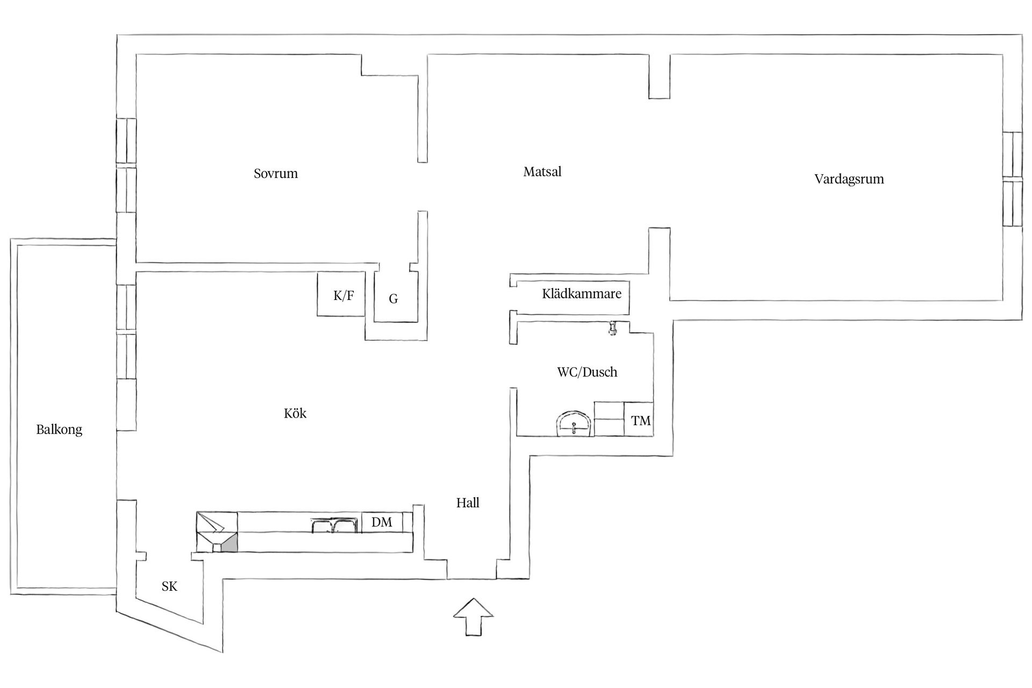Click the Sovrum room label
tap(276, 174)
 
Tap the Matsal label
tap(542, 172)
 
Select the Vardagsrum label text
tap(849, 179)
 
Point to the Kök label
tap(295, 413)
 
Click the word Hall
tap(468, 503)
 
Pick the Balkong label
tap(59, 429)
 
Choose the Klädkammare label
tap(582, 294)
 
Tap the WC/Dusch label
tap(587, 372)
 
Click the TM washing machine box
tap(640, 420)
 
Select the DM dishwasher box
tap(382, 522)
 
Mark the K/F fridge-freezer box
tap(343, 295)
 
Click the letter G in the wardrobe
tap(393, 299)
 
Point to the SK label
tap(169, 586)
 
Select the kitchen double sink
tap(333, 525)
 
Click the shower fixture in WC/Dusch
tap(612, 328)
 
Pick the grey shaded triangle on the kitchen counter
tap(230, 544)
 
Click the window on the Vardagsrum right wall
tap(1013, 179)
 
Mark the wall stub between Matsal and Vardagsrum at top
tap(659, 76)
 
